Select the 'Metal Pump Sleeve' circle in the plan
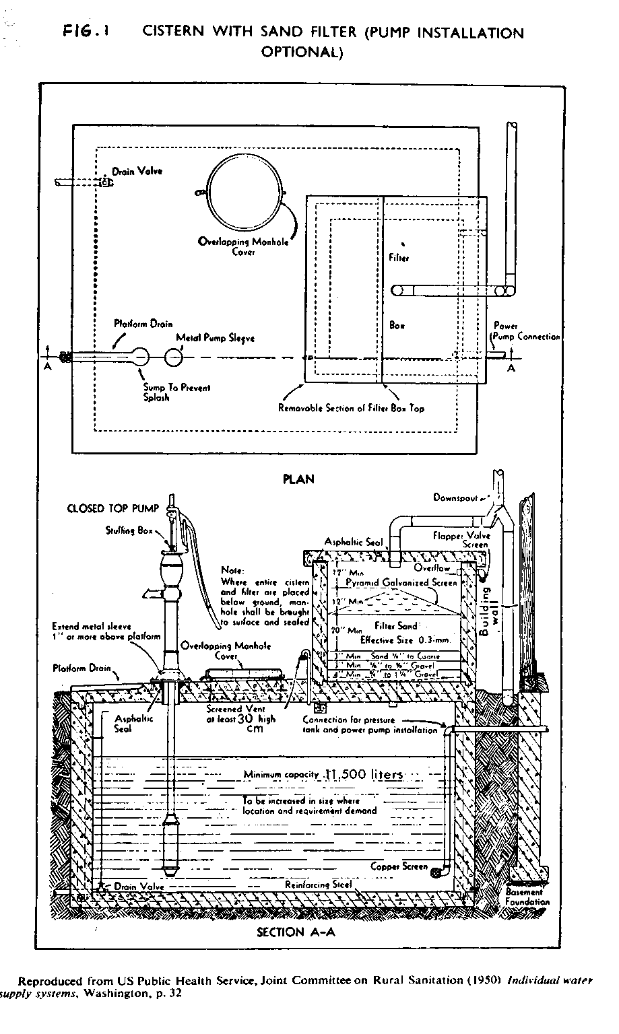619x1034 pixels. point(174,357)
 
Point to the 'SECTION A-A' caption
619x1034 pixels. point(296,932)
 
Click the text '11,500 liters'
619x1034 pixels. point(364,775)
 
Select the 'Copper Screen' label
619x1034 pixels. point(399,866)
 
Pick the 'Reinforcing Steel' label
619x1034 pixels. point(319,885)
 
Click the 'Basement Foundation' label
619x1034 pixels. point(527,897)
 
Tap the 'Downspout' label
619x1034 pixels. point(455,498)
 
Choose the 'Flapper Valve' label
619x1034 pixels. point(461,536)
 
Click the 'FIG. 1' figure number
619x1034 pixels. point(87,32)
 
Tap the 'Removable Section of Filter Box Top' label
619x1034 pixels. point(352,408)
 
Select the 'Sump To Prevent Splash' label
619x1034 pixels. point(176,392)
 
